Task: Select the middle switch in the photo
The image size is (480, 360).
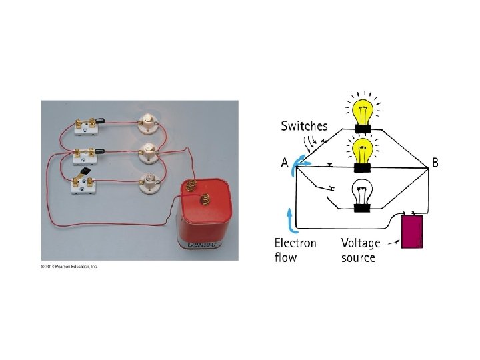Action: click(x=85, y=154)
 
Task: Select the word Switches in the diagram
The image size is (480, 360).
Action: click(x=304, y=125)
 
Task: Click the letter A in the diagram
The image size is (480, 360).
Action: click(x=285, y=163)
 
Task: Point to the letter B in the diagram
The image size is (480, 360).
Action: click(x=435, y=163)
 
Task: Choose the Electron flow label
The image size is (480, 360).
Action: click(x=295, y=250)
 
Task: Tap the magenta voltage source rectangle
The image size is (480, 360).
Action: click(x=411, y=231)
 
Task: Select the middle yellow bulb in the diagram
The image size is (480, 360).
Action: click(x=363, y=151)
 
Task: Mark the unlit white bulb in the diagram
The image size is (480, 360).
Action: click(x=363, y=193)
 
